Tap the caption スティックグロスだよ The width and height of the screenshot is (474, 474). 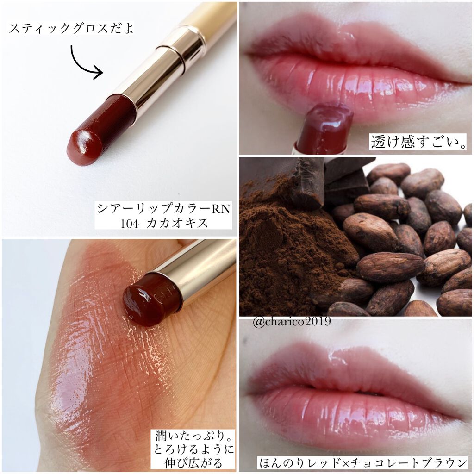71,28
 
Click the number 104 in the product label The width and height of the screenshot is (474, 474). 130,224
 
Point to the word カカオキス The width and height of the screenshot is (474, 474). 177,224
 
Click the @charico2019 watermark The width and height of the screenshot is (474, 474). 292,321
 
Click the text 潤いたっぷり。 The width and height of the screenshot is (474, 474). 194,436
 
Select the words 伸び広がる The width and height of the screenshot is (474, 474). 193,463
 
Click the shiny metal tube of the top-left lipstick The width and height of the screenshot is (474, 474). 157,75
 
